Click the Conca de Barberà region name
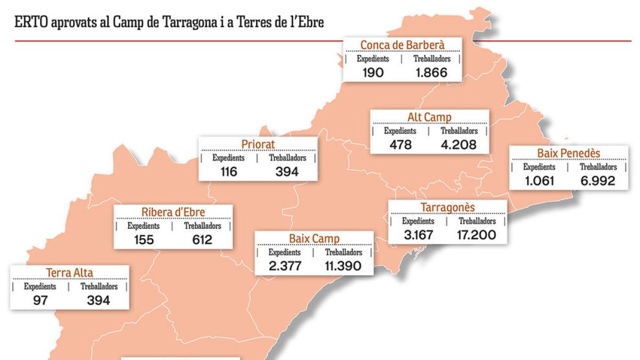402,45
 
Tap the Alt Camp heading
429,117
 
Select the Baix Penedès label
569,154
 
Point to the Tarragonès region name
447,207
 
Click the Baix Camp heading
314,239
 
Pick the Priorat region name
258,145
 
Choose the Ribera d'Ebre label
173,212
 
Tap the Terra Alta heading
69,273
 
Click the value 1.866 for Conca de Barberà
431,73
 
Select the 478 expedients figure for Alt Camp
401,145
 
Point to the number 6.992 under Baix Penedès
597,181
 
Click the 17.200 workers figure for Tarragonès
477,235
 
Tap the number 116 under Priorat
229,172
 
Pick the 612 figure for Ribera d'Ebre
202,240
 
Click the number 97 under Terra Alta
40,300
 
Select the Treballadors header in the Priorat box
287,158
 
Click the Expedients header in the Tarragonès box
418,221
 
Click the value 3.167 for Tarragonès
418,235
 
